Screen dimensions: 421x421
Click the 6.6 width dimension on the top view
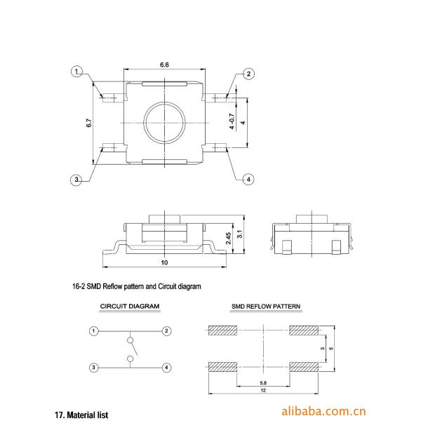pos(164,64)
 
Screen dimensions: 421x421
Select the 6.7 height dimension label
pos(89,122)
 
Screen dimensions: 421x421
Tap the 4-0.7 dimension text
pos(232,122)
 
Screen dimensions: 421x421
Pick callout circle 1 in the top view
pos(76,72)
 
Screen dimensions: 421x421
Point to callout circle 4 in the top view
pos(248,180)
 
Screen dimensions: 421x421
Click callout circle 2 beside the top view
pos(248,74)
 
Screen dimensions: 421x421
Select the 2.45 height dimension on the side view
pos(228,239)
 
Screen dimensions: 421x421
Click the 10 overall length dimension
pos(164,262)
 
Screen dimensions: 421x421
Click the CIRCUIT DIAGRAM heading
pos(130,307)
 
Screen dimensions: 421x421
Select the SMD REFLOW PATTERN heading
pos(266,307)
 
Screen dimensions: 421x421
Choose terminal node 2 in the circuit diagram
pos(166,330)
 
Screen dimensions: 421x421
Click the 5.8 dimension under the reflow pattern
pos(261,383)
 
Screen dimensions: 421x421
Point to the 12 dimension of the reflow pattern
pos(262,391)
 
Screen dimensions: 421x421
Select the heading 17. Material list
pos(81,415)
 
